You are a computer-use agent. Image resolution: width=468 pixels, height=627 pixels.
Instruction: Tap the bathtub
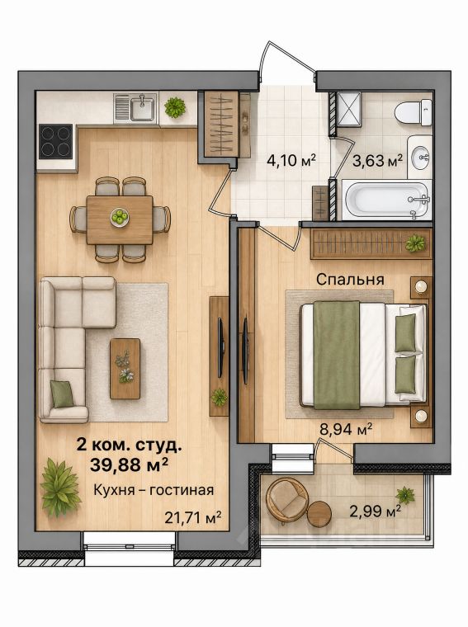pos(387,200)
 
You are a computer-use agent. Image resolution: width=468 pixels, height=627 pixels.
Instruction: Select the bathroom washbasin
pos(420,157)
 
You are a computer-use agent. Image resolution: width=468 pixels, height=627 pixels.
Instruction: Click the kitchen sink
pos(136,108)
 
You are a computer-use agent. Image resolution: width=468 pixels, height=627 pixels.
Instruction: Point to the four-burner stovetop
pos(56,141)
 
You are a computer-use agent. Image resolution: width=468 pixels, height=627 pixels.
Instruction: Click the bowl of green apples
pos(119,218)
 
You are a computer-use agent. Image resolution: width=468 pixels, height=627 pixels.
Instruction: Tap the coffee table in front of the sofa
pos(125,369)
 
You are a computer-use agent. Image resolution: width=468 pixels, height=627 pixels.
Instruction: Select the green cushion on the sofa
pos(62,394)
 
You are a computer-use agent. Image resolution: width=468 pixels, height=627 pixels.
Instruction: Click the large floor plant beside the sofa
pos(60,488)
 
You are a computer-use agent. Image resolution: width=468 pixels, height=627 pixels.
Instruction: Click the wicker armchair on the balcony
pos(286,501)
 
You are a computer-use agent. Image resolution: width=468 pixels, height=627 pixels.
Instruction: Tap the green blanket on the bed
pos(337,355)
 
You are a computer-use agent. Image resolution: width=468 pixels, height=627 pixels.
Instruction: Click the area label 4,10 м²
pos(291,161)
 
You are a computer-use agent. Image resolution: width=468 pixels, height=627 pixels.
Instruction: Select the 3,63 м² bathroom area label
pos(377,161)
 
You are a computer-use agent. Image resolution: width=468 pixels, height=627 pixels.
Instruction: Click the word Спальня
pos(350,280)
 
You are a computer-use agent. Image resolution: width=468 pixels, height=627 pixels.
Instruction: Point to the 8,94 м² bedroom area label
pos(346,430)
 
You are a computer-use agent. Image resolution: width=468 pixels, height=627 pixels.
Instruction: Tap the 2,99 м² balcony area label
pos(376,511)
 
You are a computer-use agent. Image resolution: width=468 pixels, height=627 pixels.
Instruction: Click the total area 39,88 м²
pos(129,464)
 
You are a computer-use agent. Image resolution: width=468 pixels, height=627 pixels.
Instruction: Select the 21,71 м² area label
pos(193,517)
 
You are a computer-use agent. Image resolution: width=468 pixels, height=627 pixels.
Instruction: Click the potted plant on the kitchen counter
pos(175,107)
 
